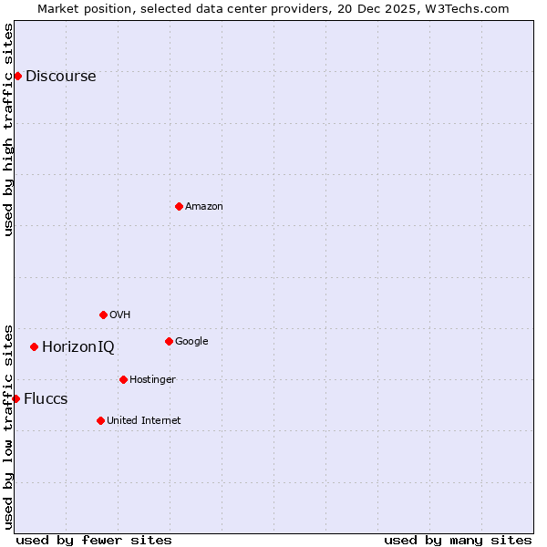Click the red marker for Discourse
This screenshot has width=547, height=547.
tap(17, 76)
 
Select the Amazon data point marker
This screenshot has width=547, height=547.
tap(179, 206)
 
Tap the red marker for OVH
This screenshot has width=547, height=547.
tap(103, 315)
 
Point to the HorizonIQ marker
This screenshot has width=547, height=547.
tap(34, 346)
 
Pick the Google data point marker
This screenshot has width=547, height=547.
tap(169, 341)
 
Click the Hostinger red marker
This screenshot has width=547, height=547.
tap(123, 379)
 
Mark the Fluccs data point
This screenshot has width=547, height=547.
tap(15, 398)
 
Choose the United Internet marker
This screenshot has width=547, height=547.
tap(100, 420)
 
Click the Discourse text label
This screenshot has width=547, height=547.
tap(60, 76)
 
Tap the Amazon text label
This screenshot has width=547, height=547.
tap(203, 206)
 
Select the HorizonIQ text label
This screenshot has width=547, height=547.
tap(78, 346)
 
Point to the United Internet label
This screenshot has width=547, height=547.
tap(143, 420)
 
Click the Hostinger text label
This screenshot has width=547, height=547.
tap(152, 379)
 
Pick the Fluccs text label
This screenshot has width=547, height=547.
tap(46, 398)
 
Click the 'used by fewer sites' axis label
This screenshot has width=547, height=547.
tap(94, 540)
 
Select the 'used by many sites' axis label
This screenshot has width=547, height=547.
tap(458, 540)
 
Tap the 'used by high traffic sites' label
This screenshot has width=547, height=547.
tap(8, 129)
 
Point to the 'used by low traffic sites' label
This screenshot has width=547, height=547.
tap(8, 426)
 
